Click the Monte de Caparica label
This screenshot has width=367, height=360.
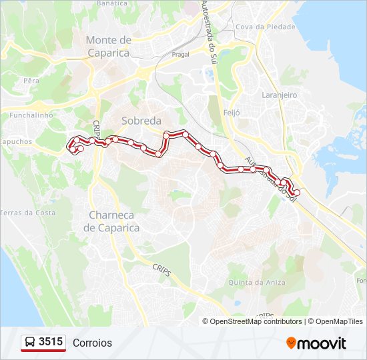coord(108,47)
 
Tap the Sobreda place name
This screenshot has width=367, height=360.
coord(141,121)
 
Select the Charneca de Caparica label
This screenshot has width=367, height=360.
coord(111,221)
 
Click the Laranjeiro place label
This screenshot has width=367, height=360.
coord(279,95)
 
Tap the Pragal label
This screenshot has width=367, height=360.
coord(180,55)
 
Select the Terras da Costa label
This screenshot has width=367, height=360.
coord(27,213)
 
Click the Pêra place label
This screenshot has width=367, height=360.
coord(31,81)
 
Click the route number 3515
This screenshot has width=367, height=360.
coord(51,343)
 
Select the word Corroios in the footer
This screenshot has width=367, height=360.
coord(93,343)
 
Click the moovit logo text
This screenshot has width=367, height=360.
coord(322,343)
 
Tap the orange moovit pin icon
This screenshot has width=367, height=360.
coord(291,343)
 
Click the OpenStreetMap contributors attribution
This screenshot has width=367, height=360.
coord(255,321)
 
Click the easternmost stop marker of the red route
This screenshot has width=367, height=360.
coord(297,193)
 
